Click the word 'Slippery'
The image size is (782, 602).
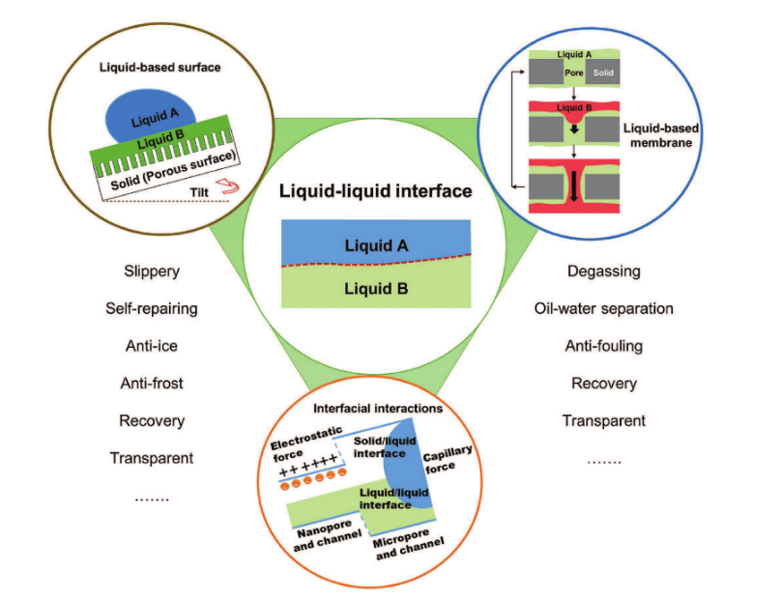[152, 272]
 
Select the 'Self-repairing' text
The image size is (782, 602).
[152, 309]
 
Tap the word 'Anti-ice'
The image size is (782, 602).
[152, 346]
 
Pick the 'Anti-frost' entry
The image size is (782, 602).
[152, 384]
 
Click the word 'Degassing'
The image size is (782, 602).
[604, 272]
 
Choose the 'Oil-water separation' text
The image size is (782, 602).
[604, 309]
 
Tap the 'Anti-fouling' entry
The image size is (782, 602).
[604, 346]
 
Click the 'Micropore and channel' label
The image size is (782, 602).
[412, 548]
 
